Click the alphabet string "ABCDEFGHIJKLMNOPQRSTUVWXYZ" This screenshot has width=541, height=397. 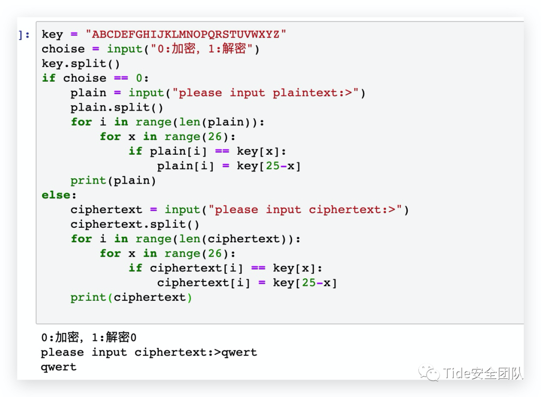point(186,35)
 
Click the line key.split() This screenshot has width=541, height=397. point(81,64)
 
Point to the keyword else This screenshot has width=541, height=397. point(59,195)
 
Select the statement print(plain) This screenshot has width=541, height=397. point(113,180)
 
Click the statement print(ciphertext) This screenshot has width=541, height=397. point(131,297)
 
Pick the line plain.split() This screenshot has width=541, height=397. point(117,107)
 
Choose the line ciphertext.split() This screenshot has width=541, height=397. point(135,224)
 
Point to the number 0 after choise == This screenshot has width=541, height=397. point(139,78)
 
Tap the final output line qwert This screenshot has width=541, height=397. point(59,367)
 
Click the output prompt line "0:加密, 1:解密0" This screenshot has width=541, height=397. point(89,337)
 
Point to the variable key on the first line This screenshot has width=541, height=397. point(52,35)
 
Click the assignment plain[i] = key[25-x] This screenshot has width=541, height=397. point(229,166)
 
